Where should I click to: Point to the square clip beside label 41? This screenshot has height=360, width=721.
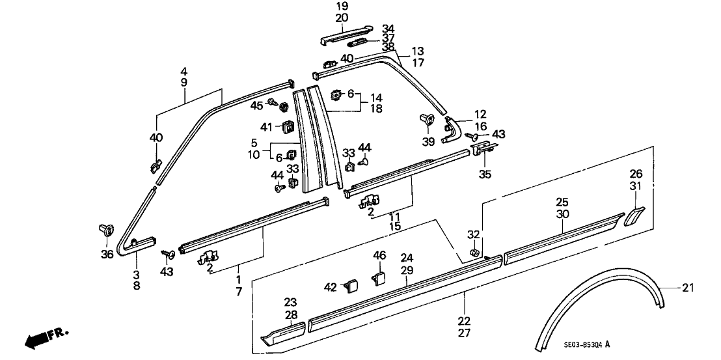286,127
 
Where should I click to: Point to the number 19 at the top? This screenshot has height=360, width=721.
342,6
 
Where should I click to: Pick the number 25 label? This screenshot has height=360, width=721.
562,202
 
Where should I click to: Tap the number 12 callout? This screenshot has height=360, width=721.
480,114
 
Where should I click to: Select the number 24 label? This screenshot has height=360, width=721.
407,257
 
